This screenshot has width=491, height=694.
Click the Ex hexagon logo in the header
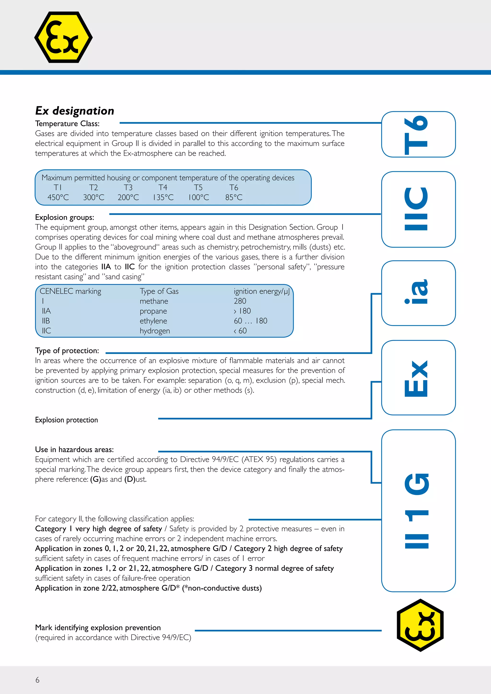click(64, 37)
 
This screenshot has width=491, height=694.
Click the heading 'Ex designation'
click(75, 111)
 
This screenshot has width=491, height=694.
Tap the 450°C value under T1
click(58, 197)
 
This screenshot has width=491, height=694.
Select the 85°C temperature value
click(234, 197)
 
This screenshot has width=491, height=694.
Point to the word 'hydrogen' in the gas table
click(155, 331)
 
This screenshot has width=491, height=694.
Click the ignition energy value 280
click(240, 301)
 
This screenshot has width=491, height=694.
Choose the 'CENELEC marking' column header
click(70, 291)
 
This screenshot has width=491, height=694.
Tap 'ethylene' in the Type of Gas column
click(153, 321)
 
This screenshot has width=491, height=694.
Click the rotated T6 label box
click(418, 134)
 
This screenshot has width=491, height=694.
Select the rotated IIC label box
click(418, 209)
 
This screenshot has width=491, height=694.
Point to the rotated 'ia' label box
click(418, 293)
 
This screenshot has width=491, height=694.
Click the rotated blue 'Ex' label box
click(418, 377)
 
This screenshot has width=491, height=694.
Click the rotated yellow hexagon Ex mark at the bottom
click(420, 625)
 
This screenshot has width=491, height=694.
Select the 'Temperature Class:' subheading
click(67, 124)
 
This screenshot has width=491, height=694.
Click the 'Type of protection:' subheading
click(67, 351)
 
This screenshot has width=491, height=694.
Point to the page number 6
click(37, 680)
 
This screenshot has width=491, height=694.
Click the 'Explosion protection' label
click(66, 420)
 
